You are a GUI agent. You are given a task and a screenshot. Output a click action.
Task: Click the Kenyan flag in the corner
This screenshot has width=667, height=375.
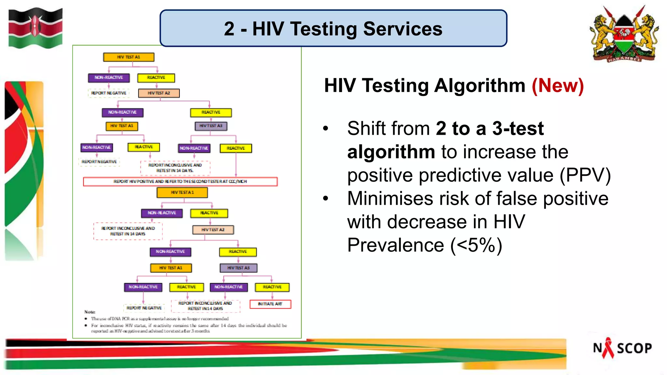click(35, 28)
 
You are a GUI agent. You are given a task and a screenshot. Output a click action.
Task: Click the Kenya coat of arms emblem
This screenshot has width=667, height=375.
click(624, 34)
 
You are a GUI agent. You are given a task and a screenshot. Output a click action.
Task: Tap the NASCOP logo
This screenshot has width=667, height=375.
click(622, 348)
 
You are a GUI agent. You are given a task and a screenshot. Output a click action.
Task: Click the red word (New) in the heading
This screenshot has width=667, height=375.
click(558, 86)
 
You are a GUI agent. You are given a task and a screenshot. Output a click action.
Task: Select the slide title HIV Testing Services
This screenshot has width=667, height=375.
click(333, 29)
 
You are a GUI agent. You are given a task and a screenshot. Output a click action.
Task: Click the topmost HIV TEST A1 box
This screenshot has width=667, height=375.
click(129, 57)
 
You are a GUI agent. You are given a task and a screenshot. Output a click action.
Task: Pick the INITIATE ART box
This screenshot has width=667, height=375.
click(270, 304)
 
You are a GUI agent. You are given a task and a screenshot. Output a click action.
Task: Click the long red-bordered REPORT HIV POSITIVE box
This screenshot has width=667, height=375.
click(180, 181)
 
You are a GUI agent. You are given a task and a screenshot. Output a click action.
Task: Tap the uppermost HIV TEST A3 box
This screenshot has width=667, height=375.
click(211, 126)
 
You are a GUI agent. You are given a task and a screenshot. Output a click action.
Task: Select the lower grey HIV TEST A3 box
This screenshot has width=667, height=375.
click(238, 268)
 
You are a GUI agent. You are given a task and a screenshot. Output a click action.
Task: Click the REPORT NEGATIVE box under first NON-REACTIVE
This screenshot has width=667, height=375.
click(108, 93)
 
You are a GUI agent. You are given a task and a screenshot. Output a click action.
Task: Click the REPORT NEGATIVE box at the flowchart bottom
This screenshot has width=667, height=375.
click(144, 308)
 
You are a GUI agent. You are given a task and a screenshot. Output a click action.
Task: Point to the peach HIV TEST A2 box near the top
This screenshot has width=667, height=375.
click(159, 93)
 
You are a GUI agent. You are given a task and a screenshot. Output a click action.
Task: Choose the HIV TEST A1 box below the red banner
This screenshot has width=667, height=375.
click(182, 192)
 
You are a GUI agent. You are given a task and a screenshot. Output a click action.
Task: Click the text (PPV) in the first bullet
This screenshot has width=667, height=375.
click(585, 175)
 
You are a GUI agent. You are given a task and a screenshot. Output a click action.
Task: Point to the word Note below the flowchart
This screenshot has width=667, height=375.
click(90, 312)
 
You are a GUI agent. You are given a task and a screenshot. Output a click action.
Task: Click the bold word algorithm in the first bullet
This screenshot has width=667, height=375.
click(391, 152)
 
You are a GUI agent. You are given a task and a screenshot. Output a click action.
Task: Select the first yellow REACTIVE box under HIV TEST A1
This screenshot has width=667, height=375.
click(156, 78)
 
